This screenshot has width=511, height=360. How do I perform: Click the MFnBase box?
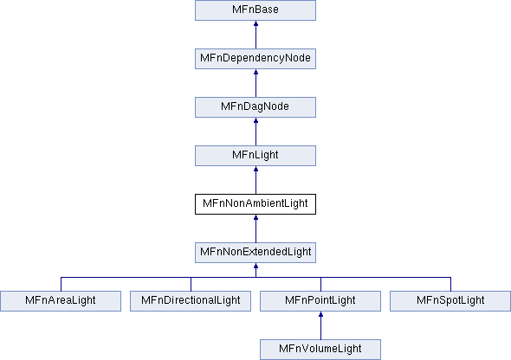[255, 10]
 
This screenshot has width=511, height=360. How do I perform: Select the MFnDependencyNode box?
[255, 59]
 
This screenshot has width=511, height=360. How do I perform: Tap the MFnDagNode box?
[255, 107]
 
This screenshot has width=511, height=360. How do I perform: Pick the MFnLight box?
[255, 156]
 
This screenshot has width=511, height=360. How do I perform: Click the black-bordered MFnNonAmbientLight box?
[255, 204]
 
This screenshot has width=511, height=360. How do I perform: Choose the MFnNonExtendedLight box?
[255, 253]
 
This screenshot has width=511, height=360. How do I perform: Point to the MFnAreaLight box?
[61, 301]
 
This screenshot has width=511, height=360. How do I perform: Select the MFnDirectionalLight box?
[191, 301]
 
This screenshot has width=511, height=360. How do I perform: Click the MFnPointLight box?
[320, 301]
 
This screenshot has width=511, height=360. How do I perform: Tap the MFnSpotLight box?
[450, 301]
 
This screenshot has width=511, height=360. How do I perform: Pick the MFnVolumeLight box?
[320, 350]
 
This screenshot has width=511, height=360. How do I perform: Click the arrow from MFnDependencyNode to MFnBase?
[255, 35]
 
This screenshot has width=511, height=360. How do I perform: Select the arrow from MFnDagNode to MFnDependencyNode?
[255, 83]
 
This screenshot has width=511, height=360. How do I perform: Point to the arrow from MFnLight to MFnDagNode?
[255, 132]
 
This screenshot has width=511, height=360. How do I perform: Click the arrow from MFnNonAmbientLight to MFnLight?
[255, 180]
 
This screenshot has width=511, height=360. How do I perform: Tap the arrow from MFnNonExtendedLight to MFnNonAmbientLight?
[255, 228]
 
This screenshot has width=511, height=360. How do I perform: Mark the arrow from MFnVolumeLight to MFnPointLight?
[320, 325]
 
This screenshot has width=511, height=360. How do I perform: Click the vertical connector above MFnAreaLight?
[61, 284]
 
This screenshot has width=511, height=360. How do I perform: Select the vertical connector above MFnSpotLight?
[450, 284]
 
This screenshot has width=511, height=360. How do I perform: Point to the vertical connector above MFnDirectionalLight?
[191, 284]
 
